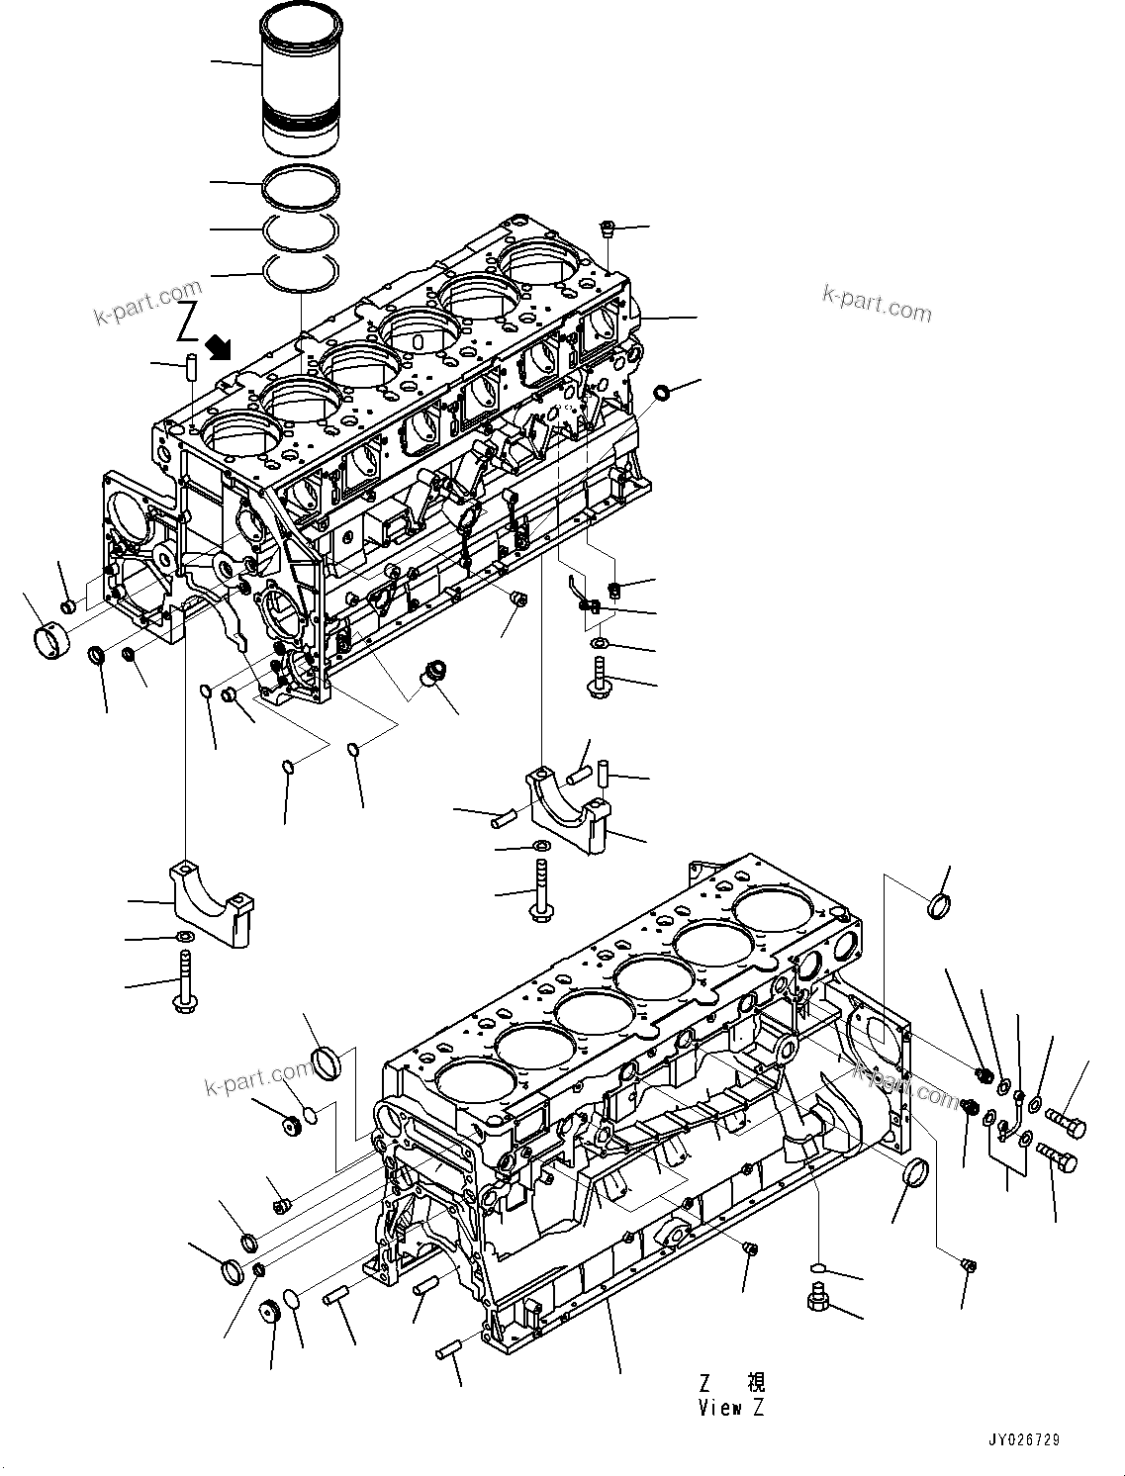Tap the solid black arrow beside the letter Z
(219, 346)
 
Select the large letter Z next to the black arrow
(188, 323)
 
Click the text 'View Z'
(731, 1408)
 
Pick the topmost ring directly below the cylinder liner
(302, 187)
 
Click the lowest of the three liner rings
(302, 271)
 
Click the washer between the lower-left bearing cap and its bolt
(185, 937)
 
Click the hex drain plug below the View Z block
(817, 1300)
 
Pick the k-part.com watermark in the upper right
(876, 304)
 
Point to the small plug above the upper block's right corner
(609, 231)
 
